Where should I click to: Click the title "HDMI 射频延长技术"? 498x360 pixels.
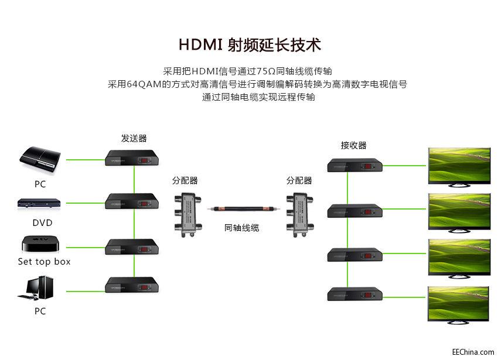click(x=250, y=45)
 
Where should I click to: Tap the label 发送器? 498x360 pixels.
click(x=134, y=139)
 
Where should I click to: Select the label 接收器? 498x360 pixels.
click(x=353, y=145)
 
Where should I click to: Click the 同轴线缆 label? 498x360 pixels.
click(x=241, y=228)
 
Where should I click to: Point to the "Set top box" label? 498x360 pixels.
click(x=44, y=262)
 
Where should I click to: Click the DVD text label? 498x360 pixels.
click(x=42, y=222)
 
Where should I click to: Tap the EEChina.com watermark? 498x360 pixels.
click(x=473, y=352)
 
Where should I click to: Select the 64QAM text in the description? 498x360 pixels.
click(x=144, y=84)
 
